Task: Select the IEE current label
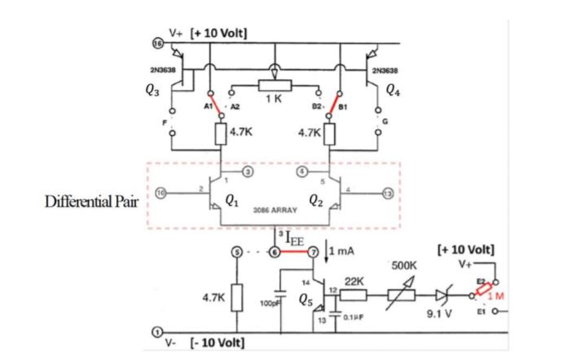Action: (294, 239)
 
